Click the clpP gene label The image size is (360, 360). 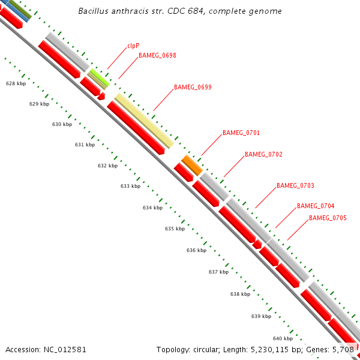pos(133,45)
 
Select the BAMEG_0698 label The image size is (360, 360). pos(157,55)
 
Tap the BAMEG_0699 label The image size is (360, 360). pos(193,87)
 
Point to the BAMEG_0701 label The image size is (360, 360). pos(241,133)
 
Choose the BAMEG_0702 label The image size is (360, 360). pos(263,154)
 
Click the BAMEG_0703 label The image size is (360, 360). pos(295,185)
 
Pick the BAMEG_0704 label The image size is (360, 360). pos(316,206)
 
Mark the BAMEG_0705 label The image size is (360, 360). pos(328,218)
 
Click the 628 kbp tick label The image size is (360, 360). pos(16,84)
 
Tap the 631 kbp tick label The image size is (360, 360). pos(85,145)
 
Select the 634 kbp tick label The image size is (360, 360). pos(152,208)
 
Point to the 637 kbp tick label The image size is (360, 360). pos(218,272)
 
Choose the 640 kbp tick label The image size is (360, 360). pos(283,338)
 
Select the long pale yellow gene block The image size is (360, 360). pos(144,120)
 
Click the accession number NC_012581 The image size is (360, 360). pos(66,349)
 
